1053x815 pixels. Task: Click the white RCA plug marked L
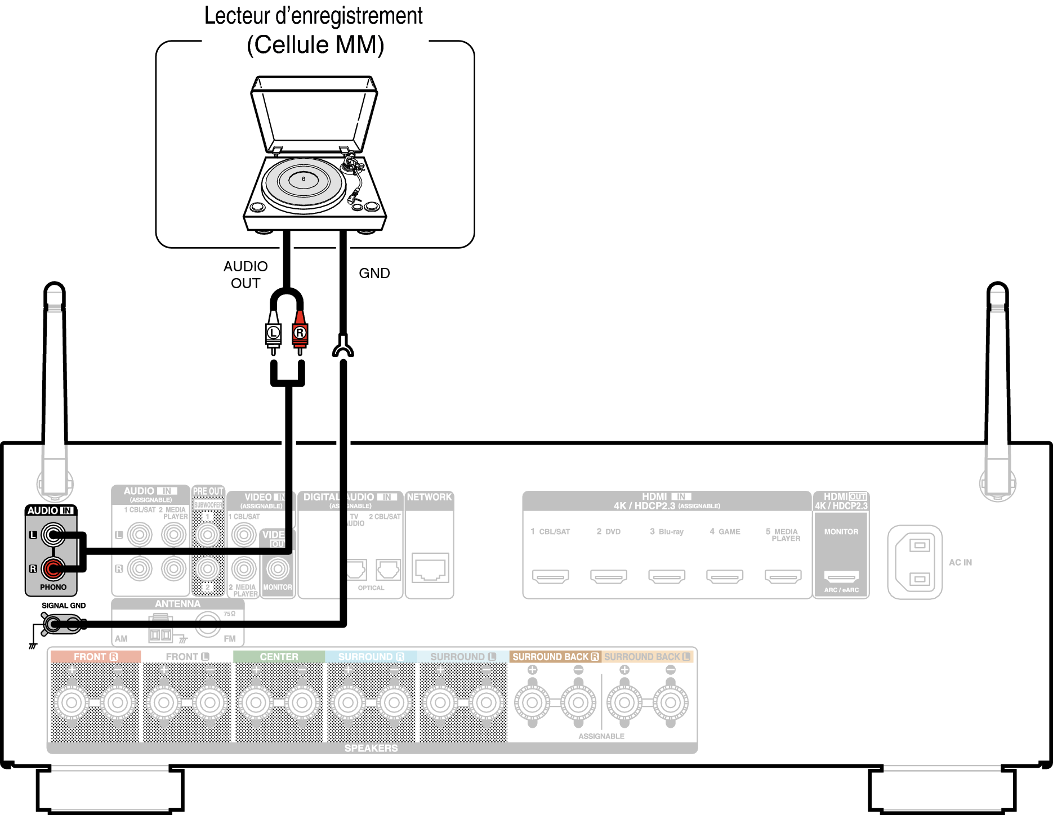(273, 333)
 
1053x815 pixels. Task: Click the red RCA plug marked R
(300, 333)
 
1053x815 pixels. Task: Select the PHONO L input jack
(53, 535)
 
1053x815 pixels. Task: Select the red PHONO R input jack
(53, 568)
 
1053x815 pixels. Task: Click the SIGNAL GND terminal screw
(53, 624)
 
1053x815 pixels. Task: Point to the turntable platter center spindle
(304, 179)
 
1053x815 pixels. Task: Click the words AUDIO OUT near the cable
(246, 275)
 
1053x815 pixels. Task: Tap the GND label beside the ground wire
(374, 273)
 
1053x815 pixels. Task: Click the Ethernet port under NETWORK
(430, 568)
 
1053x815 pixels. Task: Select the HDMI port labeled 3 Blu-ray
(667, 576)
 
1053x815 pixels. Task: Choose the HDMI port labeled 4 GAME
(725, 576)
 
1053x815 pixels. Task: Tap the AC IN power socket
(915, 562)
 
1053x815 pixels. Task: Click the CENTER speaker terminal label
(279, 657)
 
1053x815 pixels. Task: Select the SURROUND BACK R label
(555, 657)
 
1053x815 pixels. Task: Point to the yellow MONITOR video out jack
(278, 568)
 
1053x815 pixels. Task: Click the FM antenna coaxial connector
(207, 625)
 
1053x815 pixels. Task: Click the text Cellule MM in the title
(315, 45)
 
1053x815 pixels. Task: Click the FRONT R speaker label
(95, 657)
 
